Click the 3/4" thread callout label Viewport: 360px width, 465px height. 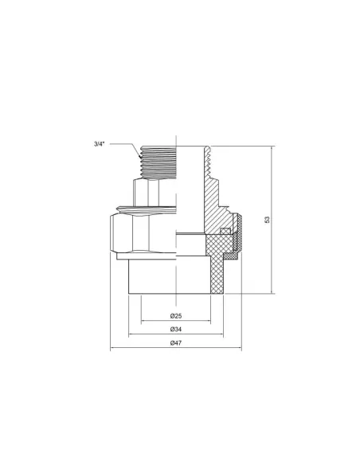click(x=98, y=144)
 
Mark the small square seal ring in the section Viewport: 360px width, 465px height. click(x=225, y=232)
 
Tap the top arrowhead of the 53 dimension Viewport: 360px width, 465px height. click(x=273, y=148)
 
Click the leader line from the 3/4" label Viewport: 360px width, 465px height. click(x=123, y=144)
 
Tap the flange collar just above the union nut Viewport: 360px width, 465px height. click(x=143, y=209)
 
